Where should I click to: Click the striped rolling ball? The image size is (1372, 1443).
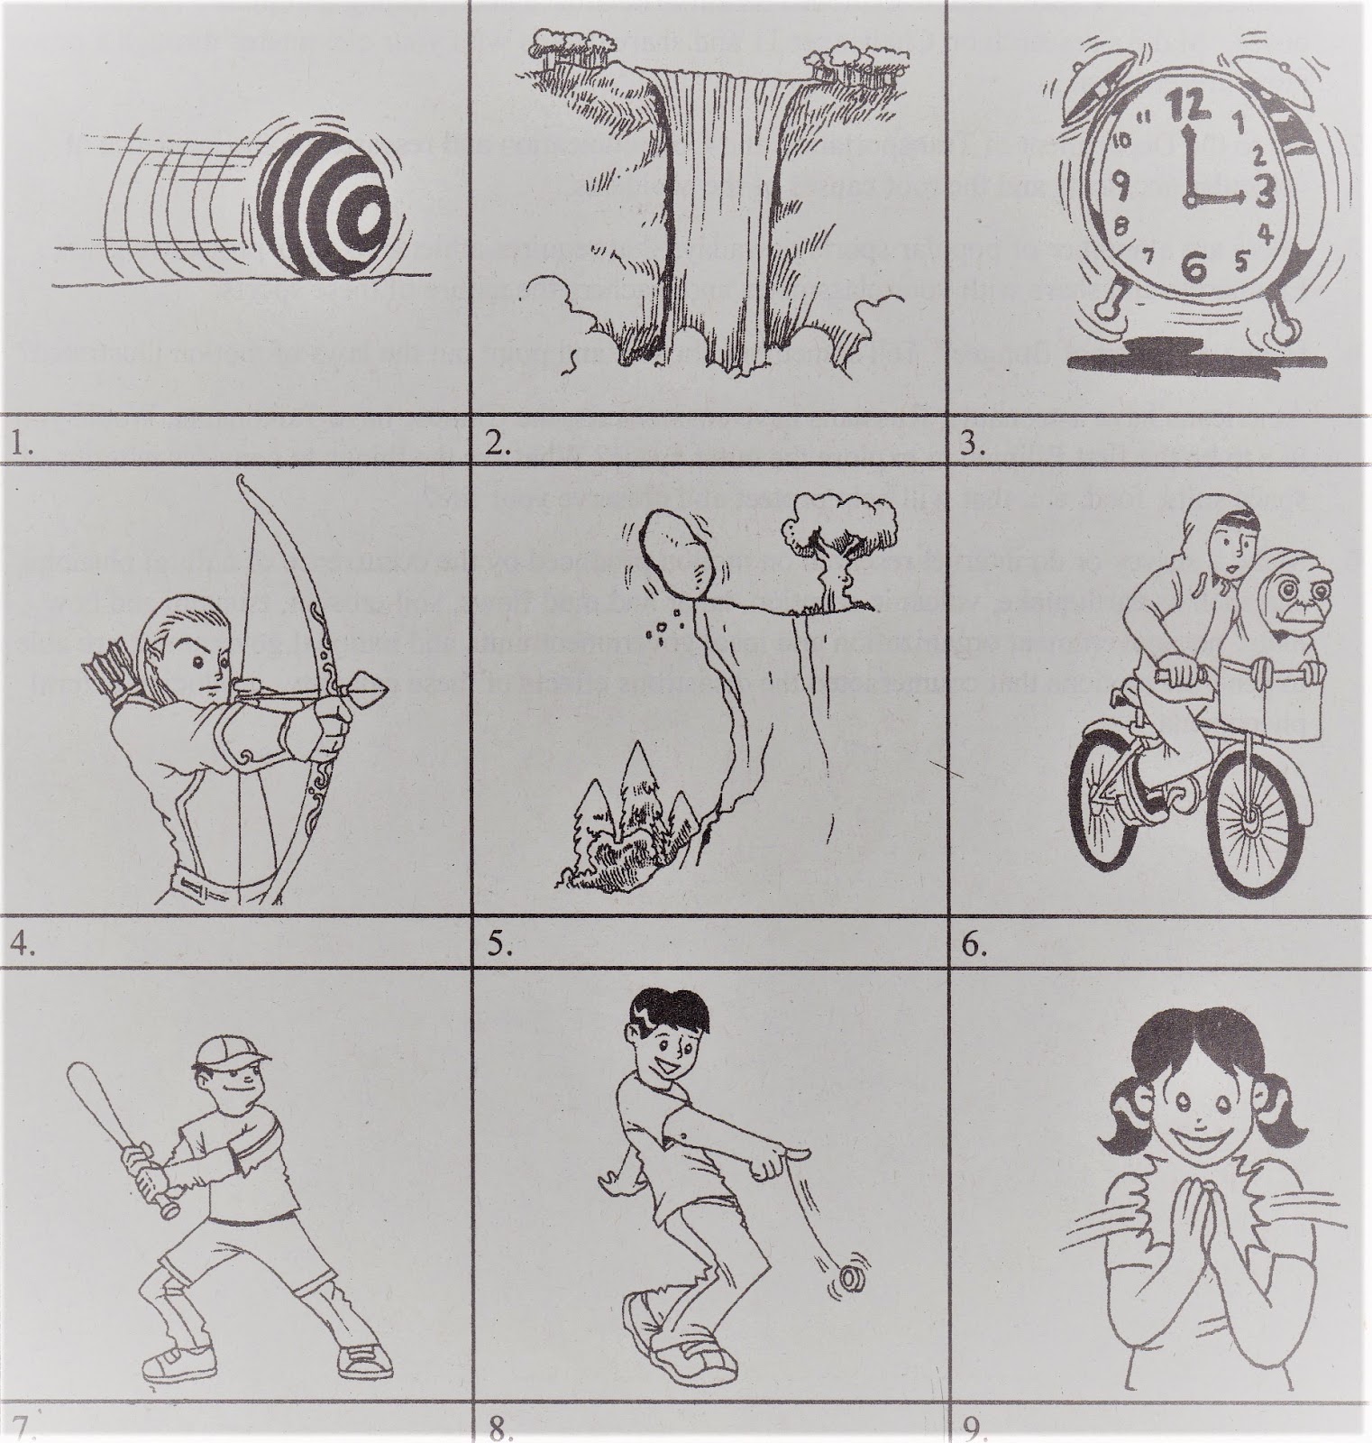click(x=337, y=207)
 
